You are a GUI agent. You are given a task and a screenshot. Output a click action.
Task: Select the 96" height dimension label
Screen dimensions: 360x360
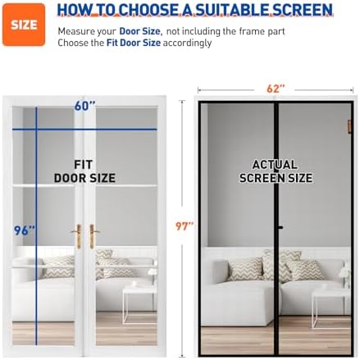point(24,230)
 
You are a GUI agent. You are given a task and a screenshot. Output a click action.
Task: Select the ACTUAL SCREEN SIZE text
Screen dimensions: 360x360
point(276,171)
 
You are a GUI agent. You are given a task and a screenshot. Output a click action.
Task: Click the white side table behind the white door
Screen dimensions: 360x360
point(135,301)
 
